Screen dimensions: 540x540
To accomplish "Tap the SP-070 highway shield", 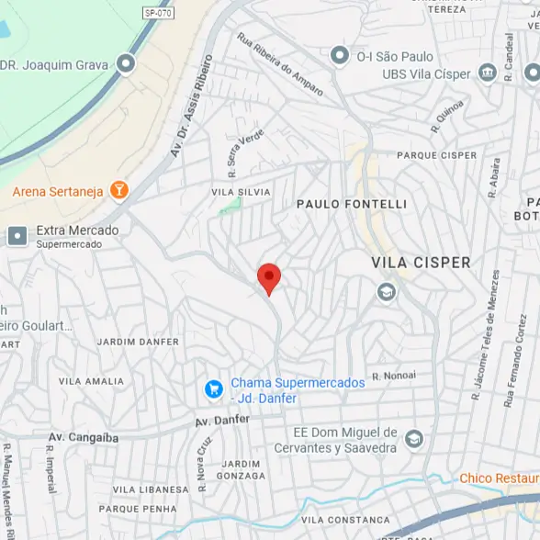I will (157, 12).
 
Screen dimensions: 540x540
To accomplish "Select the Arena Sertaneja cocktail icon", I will (118, 191).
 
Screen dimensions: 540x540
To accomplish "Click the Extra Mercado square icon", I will (17, 236).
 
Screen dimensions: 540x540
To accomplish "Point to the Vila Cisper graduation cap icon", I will (387, 292).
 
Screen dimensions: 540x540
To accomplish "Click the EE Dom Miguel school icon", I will (414, 439).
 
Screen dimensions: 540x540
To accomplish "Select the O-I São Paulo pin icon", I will (340, 56).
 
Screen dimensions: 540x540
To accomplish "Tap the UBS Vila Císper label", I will (426, 73).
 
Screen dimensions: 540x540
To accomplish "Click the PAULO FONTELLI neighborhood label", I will (351, 203).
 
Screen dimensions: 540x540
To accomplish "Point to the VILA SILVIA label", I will (242, 192).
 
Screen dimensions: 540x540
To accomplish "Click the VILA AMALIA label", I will (91, 381).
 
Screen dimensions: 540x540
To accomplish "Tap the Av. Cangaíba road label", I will (84, 438).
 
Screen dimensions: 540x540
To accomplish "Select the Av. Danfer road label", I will (222, 421).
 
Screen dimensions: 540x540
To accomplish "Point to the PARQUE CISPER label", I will (437, 156).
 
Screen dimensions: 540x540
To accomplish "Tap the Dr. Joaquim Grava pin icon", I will (126, 64).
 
